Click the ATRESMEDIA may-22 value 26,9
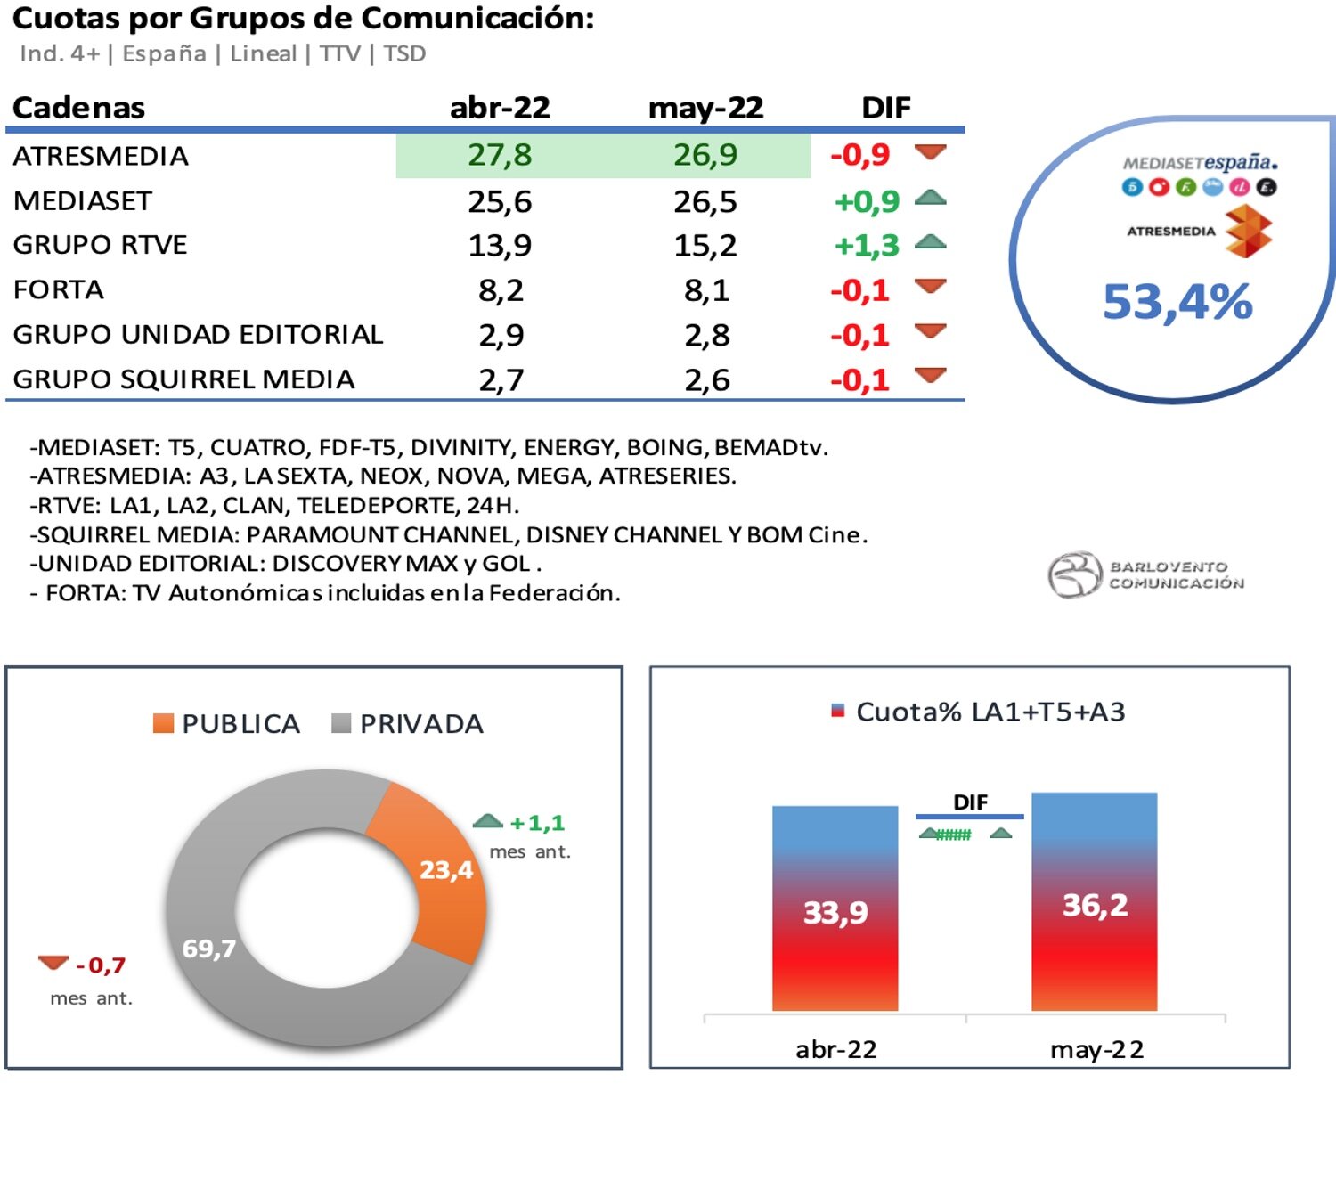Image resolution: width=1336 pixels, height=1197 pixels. tap(705, 155)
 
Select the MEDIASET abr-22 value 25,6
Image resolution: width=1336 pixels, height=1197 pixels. tap(500, 201)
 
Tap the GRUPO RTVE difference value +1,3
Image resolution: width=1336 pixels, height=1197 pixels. tap(866, 245)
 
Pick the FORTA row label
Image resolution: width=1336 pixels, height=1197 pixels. tap(59, 289)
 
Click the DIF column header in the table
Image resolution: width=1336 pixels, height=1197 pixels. tap(885, 108)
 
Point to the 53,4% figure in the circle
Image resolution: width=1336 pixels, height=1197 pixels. tap(1177, 302)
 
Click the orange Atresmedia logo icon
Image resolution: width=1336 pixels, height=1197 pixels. tap(1248, 232)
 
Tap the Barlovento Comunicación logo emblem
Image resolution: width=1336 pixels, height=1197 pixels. tap(1075, 574)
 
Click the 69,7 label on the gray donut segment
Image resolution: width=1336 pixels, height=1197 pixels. tap(209, 949)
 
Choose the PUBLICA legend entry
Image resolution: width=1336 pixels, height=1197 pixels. tap(227, 724)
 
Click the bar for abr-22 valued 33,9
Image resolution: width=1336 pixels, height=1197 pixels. tap(835, 908)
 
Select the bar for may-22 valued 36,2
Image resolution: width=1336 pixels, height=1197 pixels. tap(1094, 901)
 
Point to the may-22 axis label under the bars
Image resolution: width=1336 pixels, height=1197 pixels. tap(1096, 1050)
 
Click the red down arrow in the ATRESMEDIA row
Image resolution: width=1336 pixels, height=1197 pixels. tap(930, 153)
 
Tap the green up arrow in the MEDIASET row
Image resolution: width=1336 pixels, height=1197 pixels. tap(930, 199)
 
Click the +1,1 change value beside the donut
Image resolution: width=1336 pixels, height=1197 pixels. tap(537, 823)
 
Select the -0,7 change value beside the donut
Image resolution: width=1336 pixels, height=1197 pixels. tap(101, 965)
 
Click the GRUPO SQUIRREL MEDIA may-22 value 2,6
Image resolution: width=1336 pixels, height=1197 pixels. tap(706, 380)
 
